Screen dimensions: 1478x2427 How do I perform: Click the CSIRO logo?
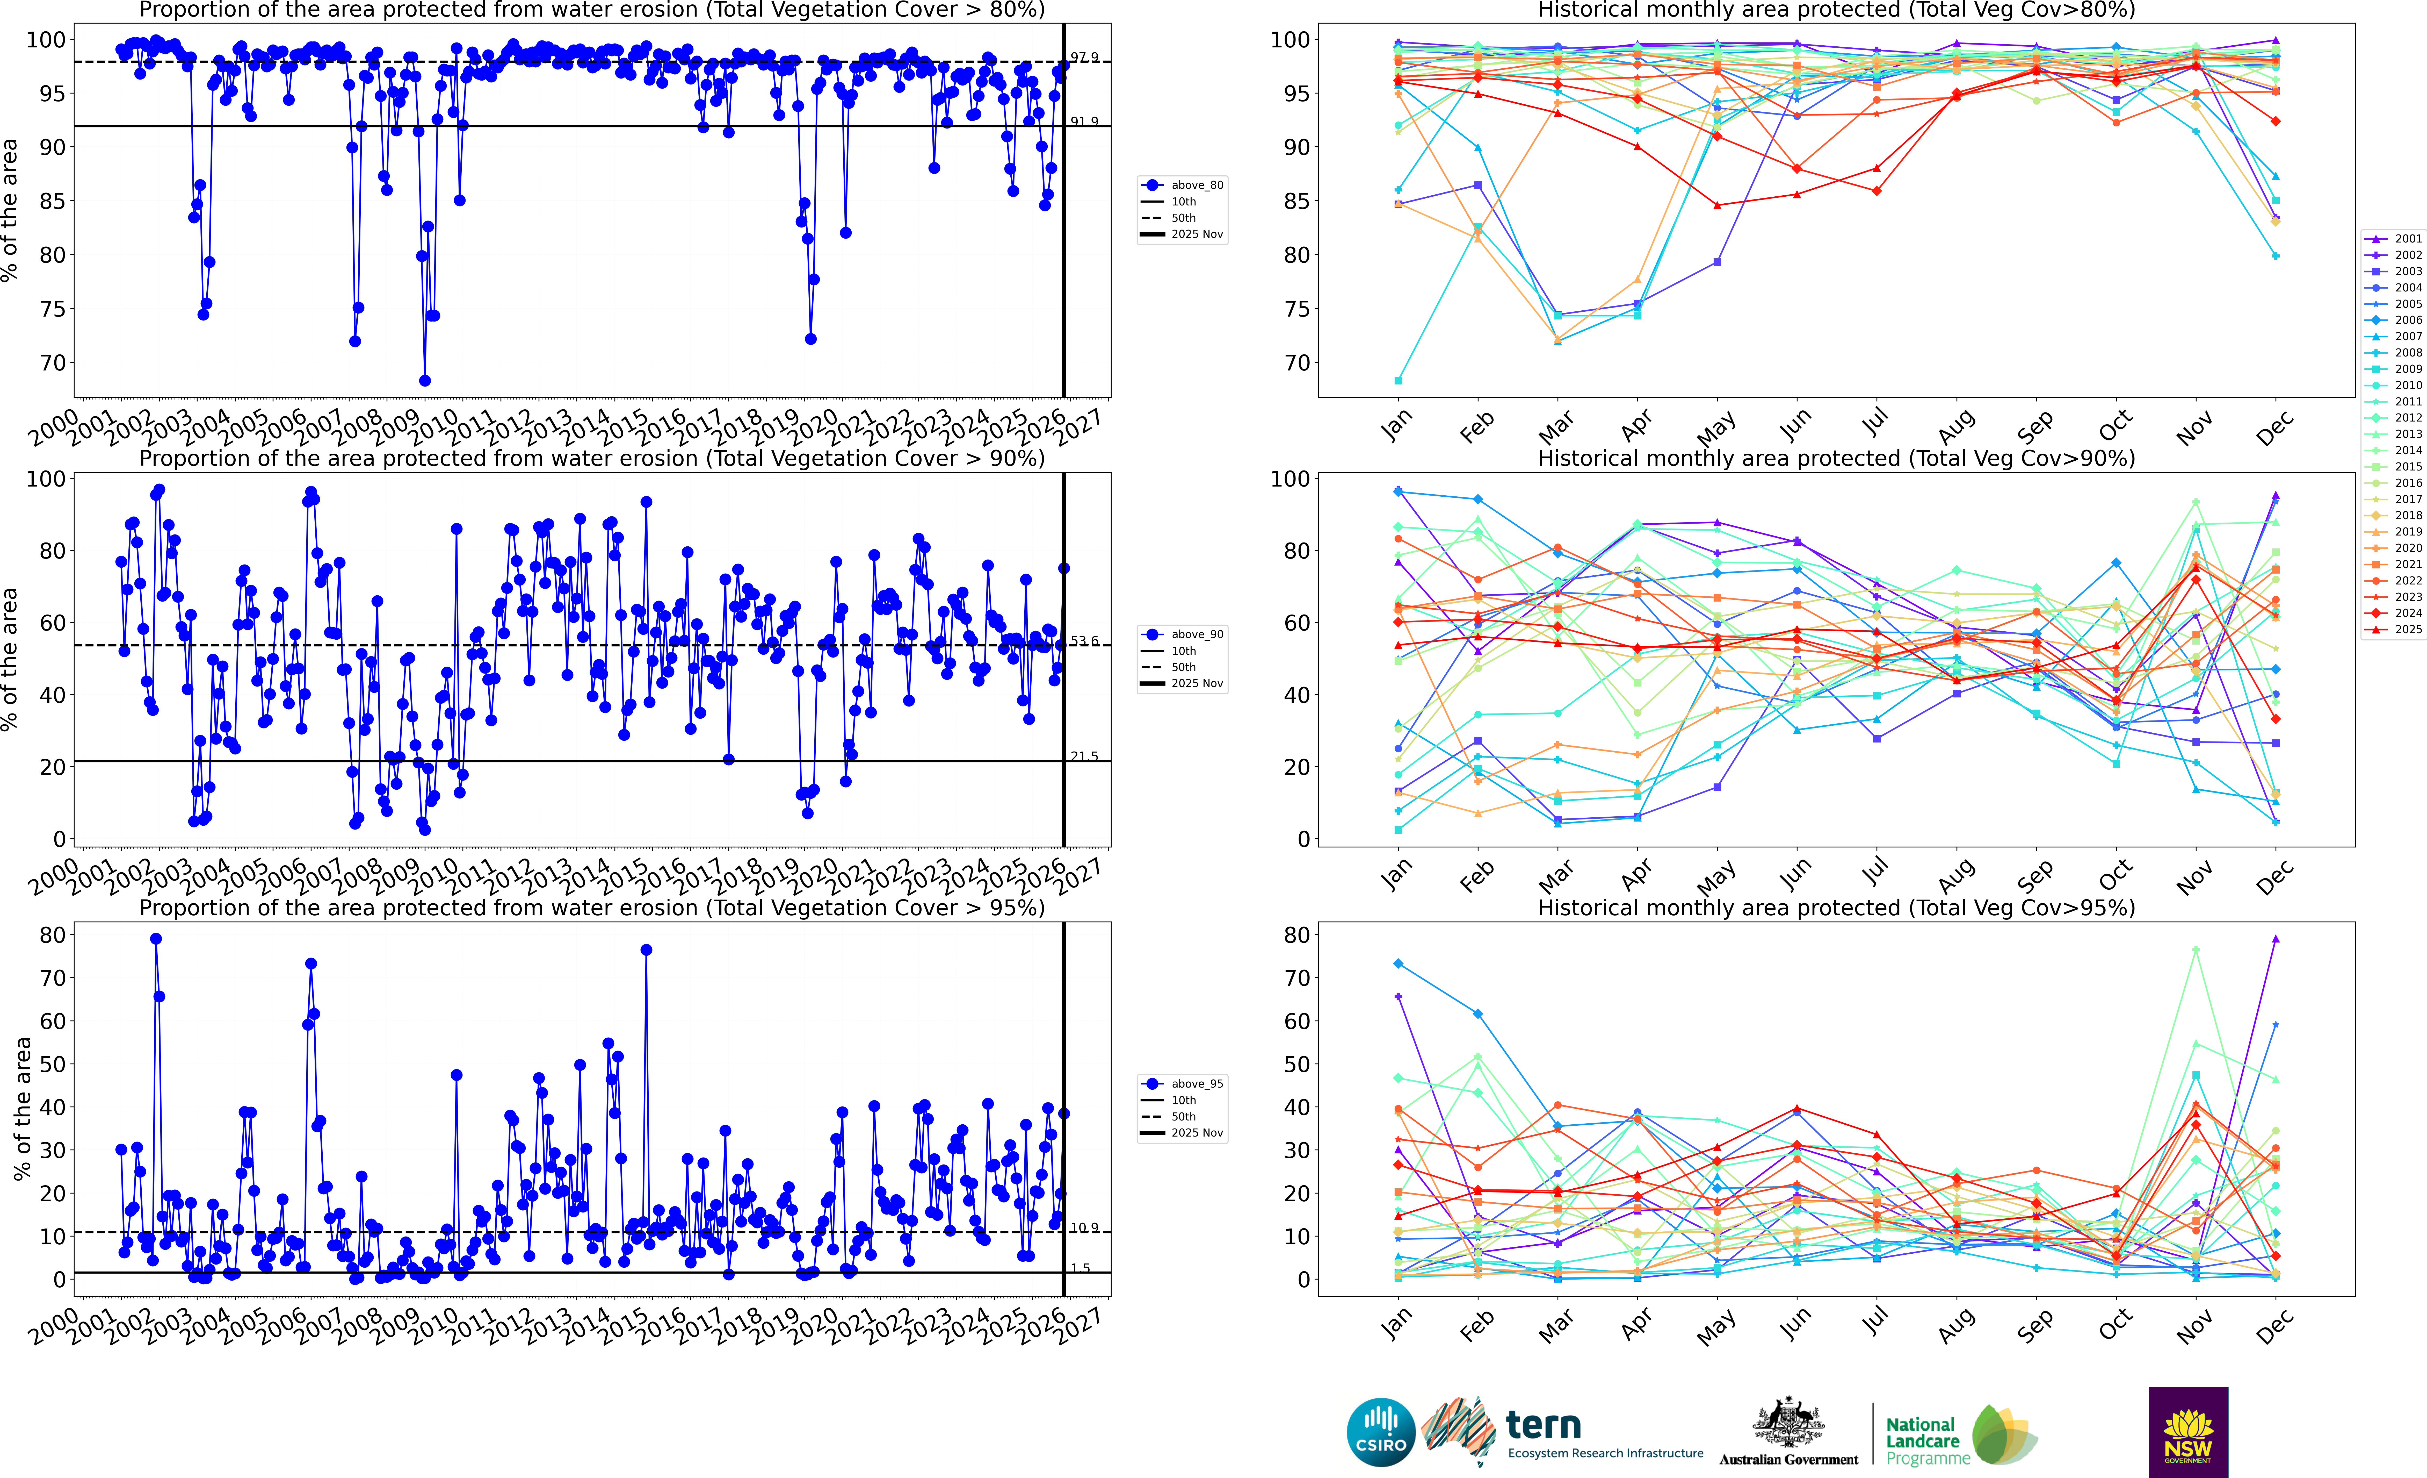click(1380, 1432)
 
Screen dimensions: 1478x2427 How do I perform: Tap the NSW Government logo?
click(2188, 1432)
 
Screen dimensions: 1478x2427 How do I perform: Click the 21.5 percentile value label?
click(1084, 756)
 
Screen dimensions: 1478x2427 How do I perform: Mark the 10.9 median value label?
click(1084, 1228)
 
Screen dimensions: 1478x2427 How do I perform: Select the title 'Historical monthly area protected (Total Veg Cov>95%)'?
click(1836, 908)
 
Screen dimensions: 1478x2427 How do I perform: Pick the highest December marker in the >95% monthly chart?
click(2275, 939)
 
